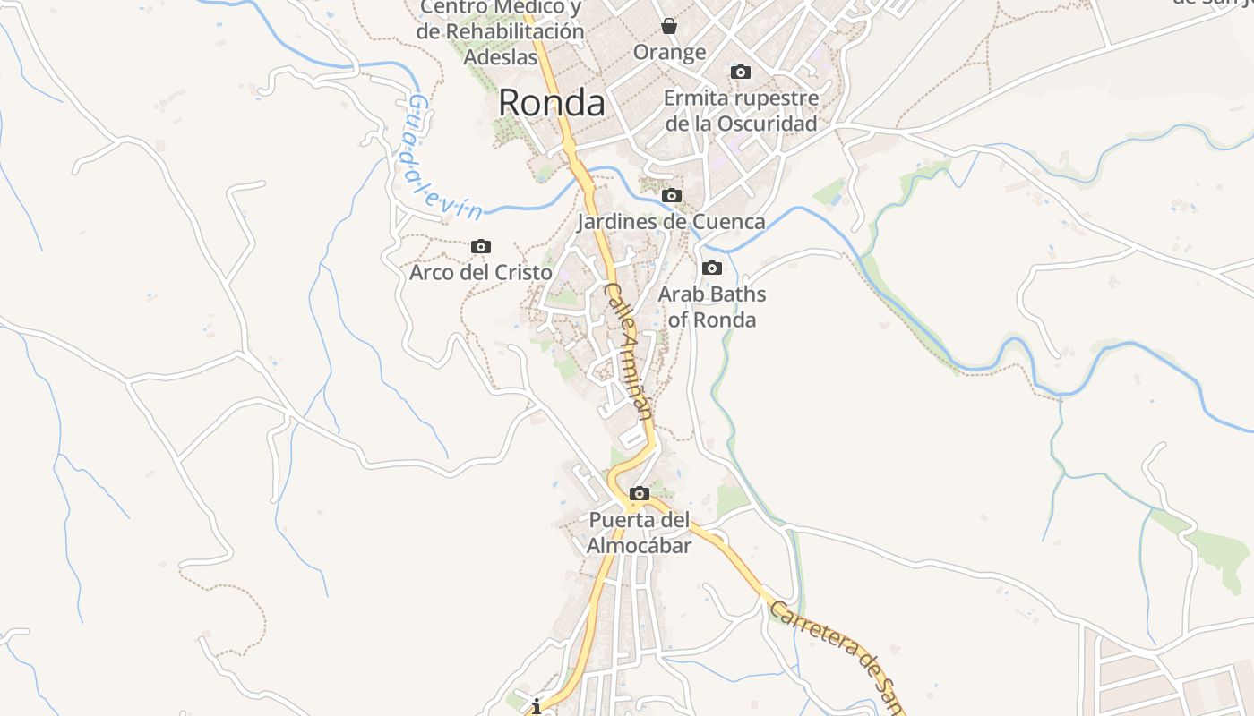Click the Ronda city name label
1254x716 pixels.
[x=551, y=103]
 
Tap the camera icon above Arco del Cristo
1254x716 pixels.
[x=481, y=246]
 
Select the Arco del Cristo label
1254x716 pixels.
[x=480, y=272]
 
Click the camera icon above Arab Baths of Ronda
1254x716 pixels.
[x=712, y=268]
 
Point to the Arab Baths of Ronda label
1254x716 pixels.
[x=712, y=307]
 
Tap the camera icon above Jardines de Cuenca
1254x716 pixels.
[x=672, y=195]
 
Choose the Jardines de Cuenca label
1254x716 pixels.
[x=672, y=221]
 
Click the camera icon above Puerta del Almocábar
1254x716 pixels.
[x=640, y=493]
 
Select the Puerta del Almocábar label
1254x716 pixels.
[x=640, y=533]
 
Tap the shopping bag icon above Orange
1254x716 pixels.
[x=669, y=26]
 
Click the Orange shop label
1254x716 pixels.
[x=670, y=52]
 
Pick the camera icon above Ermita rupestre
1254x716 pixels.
[x=741, y=72]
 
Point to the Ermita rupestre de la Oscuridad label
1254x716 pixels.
[x=741, y=110]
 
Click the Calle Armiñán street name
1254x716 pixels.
[x=629, y=350]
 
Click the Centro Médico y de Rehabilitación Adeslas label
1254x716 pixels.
[x=501, y=31]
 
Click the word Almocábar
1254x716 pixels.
[x=640, y=545]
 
